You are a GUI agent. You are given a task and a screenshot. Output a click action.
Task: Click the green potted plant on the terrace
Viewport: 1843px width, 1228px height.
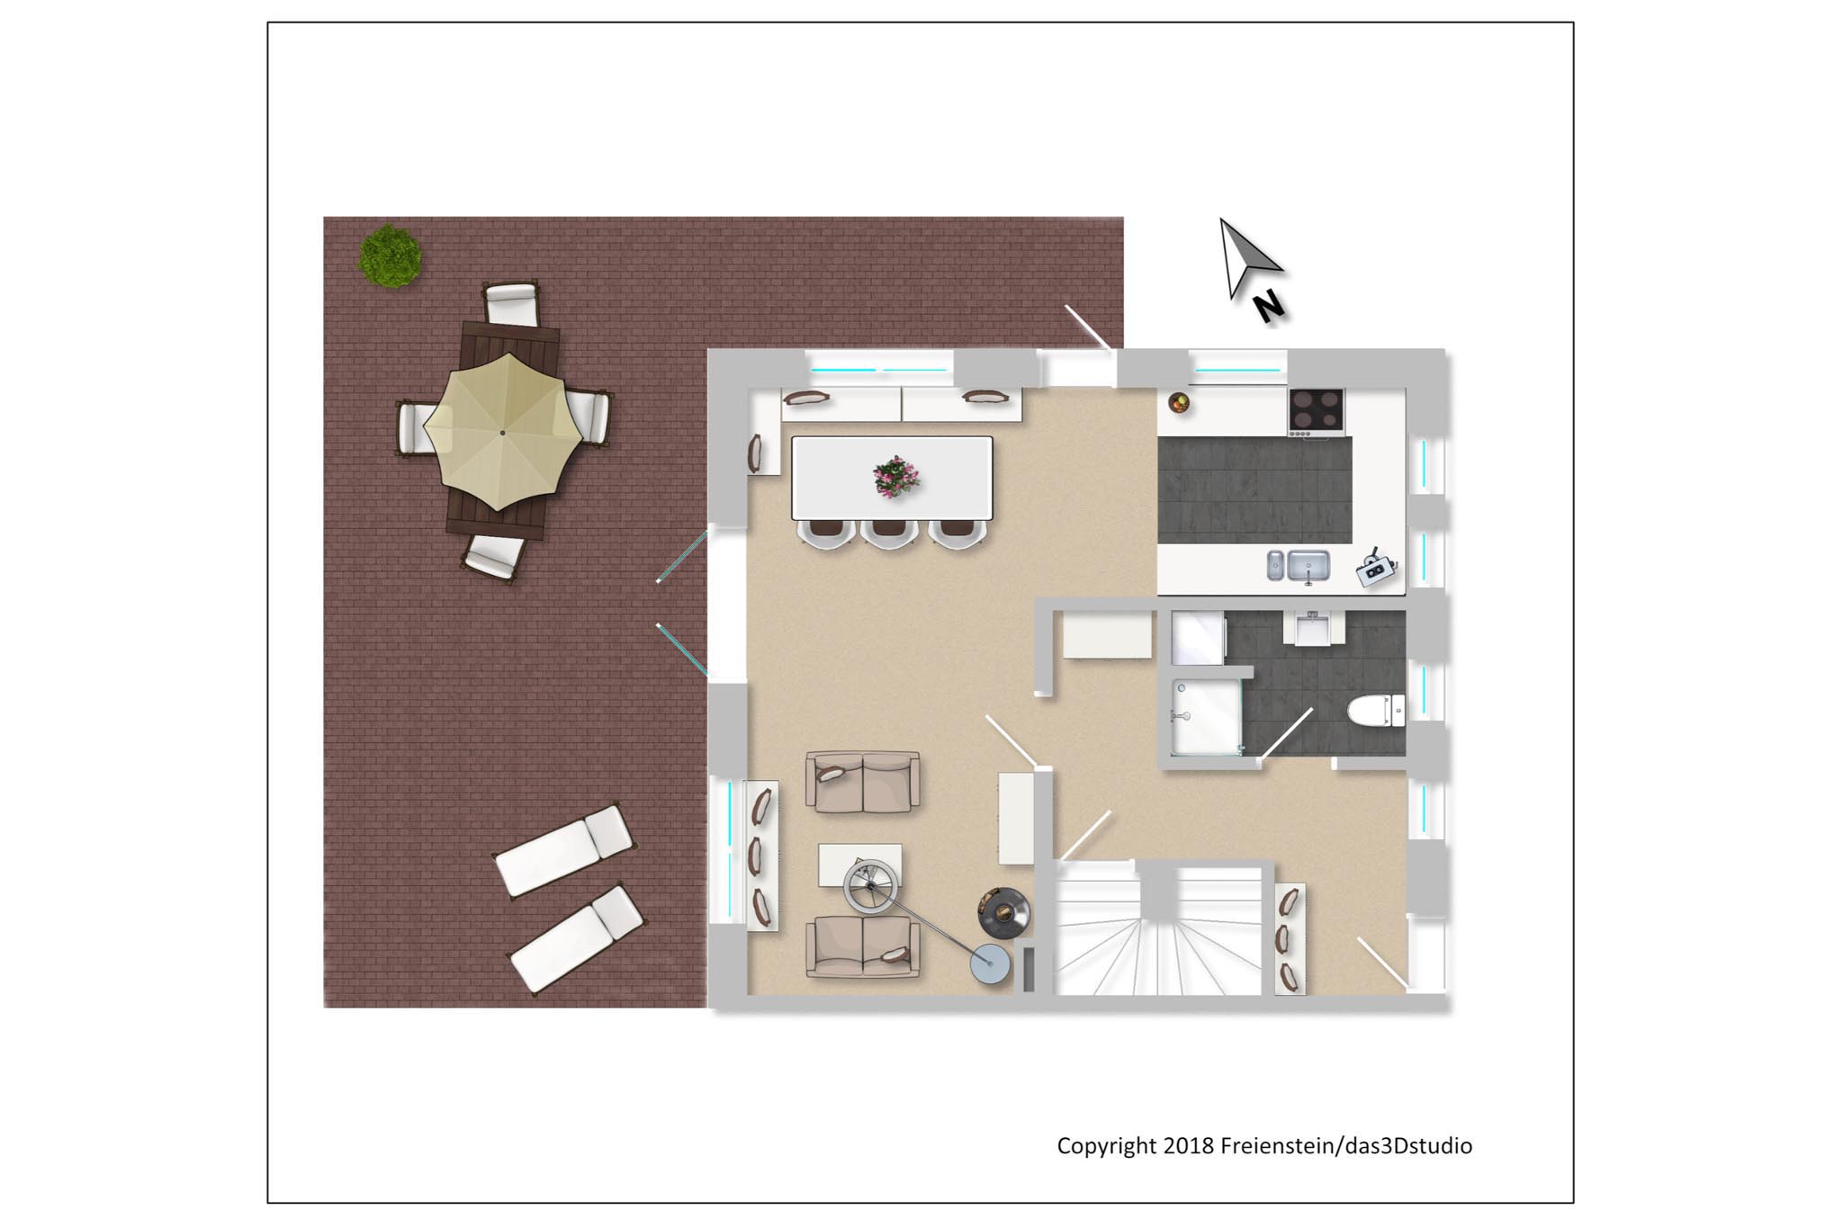click(x=390, y=256)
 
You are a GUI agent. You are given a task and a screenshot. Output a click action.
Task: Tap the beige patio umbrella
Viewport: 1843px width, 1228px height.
click(x=502, y=432)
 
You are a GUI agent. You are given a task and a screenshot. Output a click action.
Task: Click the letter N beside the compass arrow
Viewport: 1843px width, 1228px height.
click(x=1269, y=307)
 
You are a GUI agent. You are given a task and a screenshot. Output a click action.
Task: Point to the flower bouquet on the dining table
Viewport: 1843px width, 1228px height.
click(x=895, y=476)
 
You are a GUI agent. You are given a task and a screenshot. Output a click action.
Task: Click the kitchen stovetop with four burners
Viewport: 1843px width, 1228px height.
click(x=1317, y=411)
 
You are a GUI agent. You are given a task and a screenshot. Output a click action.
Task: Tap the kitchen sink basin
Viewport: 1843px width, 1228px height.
click(x=1308, y=566)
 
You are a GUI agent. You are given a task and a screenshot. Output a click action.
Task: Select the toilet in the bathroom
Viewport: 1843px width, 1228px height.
click(x=1376, y=710)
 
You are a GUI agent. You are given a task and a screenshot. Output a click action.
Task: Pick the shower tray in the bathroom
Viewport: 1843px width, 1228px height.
click(x=1207, y=716)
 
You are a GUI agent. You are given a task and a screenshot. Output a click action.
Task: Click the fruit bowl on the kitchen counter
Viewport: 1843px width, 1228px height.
click(x=1179, y=402)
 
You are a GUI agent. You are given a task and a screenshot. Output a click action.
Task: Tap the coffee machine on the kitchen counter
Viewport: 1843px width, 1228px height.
click(x=1375, y=568)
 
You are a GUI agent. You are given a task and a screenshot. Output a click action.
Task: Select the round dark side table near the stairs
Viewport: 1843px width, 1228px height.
click(x=1004, y=913)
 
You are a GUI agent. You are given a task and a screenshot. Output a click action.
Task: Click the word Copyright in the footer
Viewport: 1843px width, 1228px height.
click(x=1107, y=1146)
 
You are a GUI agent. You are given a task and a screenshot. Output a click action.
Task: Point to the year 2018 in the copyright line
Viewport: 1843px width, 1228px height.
click(x=1188, y=1145)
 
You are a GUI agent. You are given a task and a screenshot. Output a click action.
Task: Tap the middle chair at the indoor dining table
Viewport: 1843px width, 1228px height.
click(x=888, y=533)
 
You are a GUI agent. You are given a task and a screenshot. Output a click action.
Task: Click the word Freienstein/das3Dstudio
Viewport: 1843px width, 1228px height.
click(x=1346, y=1145)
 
